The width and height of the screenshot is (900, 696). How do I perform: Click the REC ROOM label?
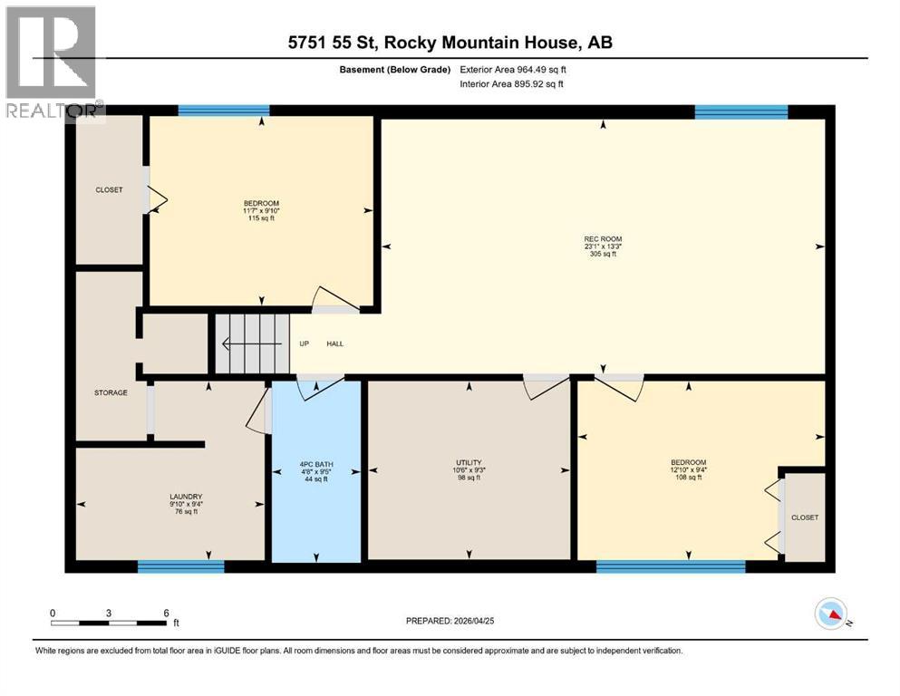[603, 246]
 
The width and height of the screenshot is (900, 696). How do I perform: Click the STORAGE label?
[111, 392]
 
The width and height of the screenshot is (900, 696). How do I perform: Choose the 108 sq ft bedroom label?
[690, 469]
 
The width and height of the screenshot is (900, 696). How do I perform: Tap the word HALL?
[334, 343]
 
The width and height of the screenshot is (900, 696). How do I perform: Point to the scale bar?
[110, 623]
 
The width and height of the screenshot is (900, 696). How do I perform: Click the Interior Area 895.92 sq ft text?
[512, 84]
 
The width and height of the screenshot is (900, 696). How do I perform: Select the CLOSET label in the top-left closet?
[109, 189]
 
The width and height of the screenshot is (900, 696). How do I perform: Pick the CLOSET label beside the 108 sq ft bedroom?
[804, 517]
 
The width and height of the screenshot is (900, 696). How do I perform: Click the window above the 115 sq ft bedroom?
[224, 111]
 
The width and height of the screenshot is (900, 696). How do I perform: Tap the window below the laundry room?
[180, 567]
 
